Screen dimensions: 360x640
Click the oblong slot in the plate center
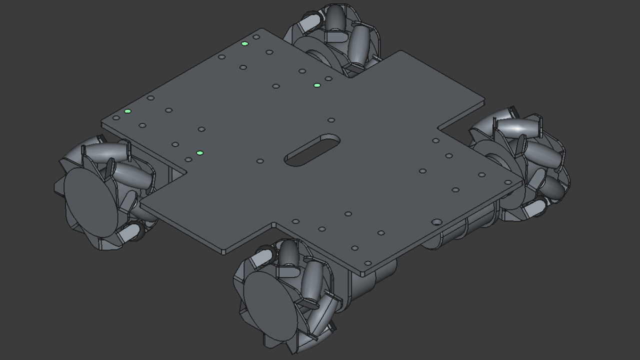click(312, 149)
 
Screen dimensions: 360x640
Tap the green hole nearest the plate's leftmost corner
click(127, 111)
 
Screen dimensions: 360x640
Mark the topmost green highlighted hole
click(244, 44)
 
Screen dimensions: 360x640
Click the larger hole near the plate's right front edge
click(436, 221)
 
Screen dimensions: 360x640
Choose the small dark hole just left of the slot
click(260, 161)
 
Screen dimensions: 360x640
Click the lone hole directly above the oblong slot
click(331, 120)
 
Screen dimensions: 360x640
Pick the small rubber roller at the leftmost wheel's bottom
click(131, 231)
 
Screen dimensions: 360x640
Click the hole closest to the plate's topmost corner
click(256, 36)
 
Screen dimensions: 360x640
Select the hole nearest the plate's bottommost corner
click(367, 263)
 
